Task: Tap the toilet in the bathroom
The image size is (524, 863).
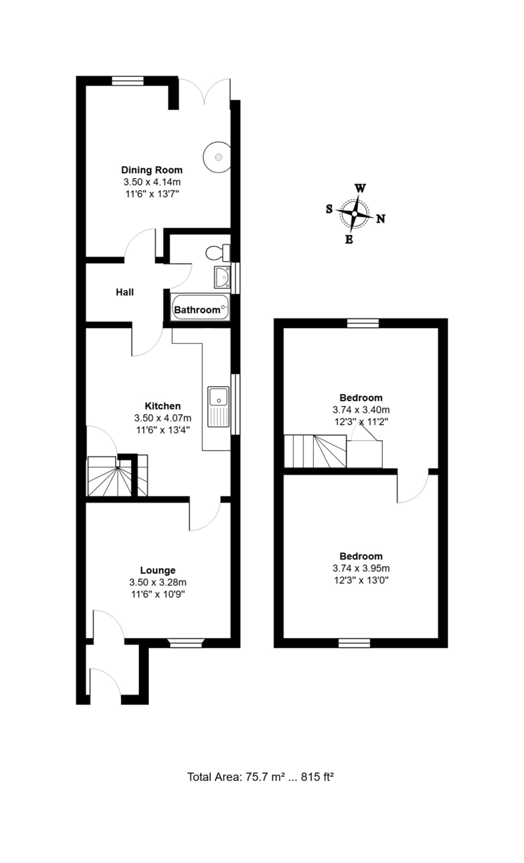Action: pyautogui.click(x=215, y=252)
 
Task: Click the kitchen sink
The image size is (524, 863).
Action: pyautogui.click(x=217, y=397)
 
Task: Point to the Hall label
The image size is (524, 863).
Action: pyautogui.click(x=125, y=293)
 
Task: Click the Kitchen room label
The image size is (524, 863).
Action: pyautogui.click(x=163, y=406)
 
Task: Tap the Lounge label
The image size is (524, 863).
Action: pyautogui.click(x=158, y=570)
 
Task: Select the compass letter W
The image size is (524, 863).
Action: pyautogui.click(x=360, y=188)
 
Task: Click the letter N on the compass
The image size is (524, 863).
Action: pyautogui.click(x=381, y=220)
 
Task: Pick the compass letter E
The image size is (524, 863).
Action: pyautogui.click(x=349, y=240)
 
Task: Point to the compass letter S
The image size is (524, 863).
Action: pyautogui.click(x=329, y=209)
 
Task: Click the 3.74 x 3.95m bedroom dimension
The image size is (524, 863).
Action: pyautogui.click(x=361, y=568)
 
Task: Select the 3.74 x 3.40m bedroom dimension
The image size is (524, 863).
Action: pyautogui.click(x=361, y=410)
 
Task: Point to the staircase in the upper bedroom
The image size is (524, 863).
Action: pyautogui.click(x=311, y=452)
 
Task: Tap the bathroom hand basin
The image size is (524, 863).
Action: pyautogui.click(x=222, y=275)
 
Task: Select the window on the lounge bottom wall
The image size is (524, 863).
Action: pyautogui.click(x=186, y=642)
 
